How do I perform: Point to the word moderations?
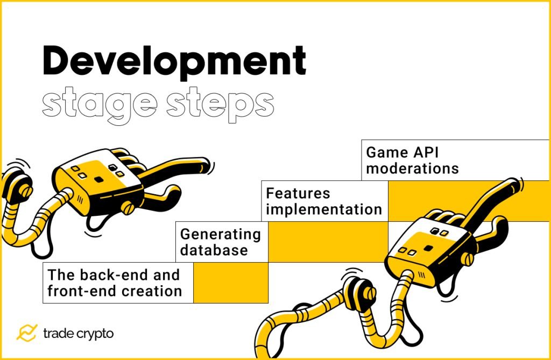coord(412,168)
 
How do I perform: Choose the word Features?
coord(298,193)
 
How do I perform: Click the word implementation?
coord(324,209)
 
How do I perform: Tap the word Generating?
coord(220,234)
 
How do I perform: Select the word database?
coord(214,250)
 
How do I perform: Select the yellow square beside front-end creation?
coord(230,283)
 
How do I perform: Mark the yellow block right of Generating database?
coord(328,242)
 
